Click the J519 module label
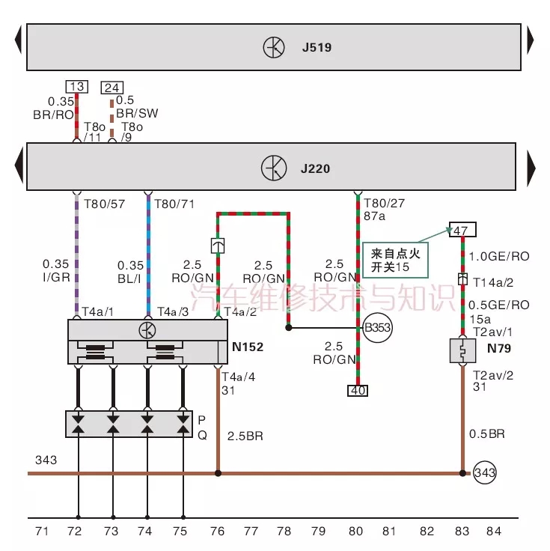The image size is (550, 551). coord(317,48)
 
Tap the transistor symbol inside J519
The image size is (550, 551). coord(273,48)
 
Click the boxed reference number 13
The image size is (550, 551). coord(76,87)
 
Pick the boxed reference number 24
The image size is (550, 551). coord(111,88)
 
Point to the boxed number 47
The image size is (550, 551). coord(461,230)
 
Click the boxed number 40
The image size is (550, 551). coord(356,389)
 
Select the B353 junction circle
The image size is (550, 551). coord(377,327)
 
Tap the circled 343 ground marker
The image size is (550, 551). coord(483,472)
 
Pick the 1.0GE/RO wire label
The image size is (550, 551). coord(499,256)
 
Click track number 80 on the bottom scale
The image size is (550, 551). coord(356,532)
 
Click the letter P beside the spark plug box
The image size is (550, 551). coord(201,420)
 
